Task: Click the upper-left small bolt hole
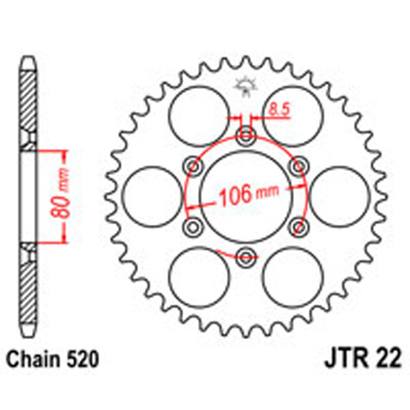(x=194, y=167)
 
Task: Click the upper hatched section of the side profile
(x=27, y=102)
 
